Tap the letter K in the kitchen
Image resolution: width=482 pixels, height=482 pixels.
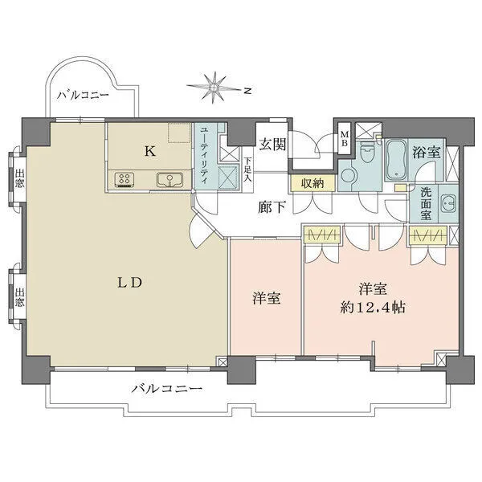click(x=149, y=149)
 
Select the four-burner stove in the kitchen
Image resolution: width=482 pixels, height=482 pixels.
click(x=125, y=180)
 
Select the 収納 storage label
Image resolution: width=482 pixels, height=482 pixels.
click(x=312, y=184)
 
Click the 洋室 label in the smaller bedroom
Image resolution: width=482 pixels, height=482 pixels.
click(x=265, y=299)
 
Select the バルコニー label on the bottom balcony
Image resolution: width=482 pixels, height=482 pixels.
click(x=166, y=389)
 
